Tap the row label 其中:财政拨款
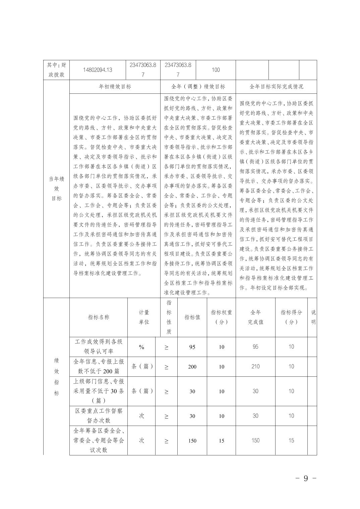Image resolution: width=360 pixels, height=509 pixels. tap(56, 70)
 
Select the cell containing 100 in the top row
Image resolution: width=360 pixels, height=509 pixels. tap(216, 70)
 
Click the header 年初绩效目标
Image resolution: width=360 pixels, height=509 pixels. tap(115, 87)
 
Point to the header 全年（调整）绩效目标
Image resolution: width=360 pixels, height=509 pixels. tap(198, 87)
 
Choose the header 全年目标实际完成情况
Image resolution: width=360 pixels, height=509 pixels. tap(276, 87)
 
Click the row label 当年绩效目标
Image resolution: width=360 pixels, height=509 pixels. tap(56, 189)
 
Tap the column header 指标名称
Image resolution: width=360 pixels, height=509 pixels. tap(99, 317)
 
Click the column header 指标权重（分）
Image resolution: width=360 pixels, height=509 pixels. tap(221, 317)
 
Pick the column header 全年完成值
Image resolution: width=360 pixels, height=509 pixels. tap(255, 317)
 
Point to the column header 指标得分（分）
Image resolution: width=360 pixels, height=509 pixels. tap(291, 317)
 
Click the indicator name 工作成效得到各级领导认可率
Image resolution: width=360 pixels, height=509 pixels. tap(99, 347)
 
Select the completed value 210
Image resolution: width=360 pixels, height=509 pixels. tap(255, 367)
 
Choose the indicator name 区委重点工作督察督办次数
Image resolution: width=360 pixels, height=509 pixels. tap(99, 416)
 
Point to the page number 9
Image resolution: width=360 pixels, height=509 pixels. tap(305, 478)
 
